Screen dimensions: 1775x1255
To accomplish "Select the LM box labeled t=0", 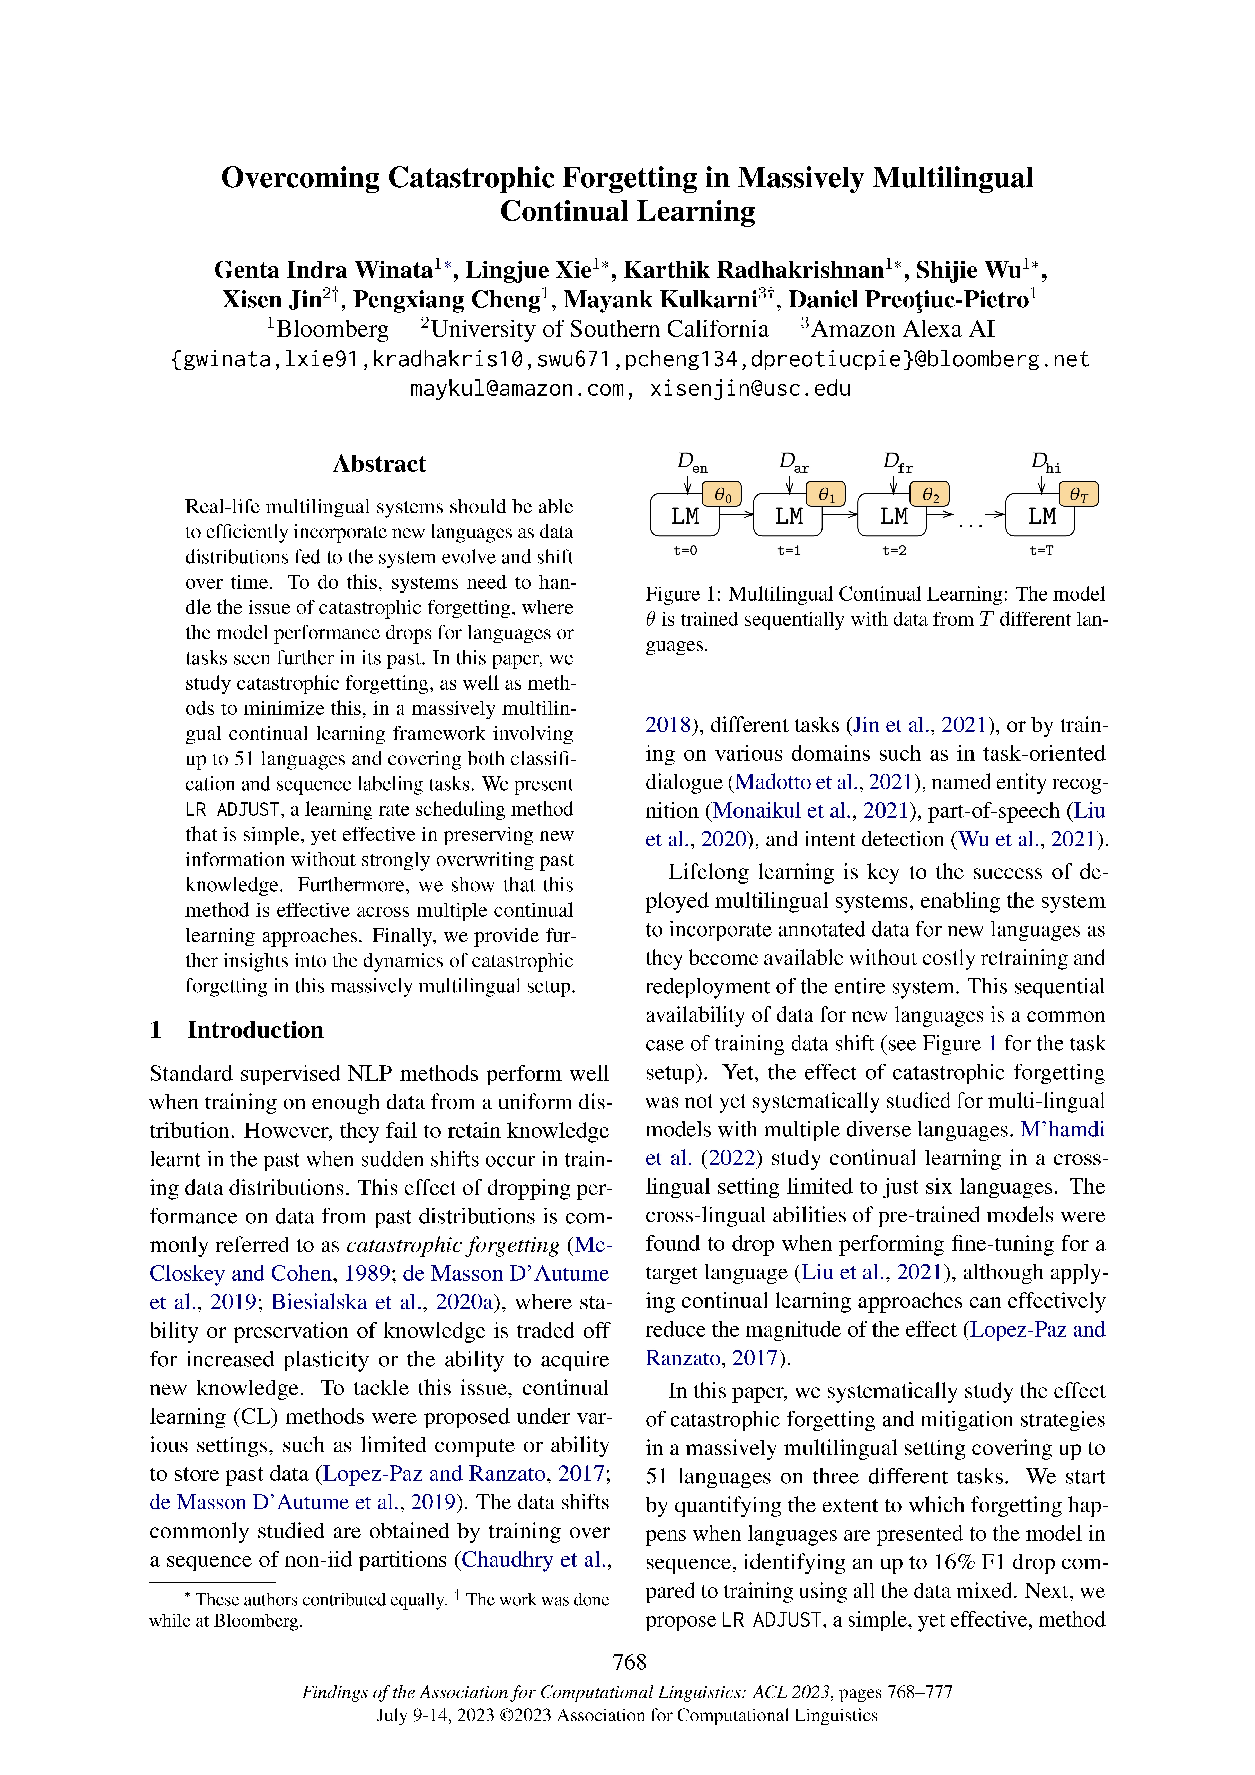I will (x=684, y=516).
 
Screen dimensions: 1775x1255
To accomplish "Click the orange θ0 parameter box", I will (x=722, y=494).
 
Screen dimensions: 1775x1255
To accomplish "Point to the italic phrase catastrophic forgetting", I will (x=452, y=1246).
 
